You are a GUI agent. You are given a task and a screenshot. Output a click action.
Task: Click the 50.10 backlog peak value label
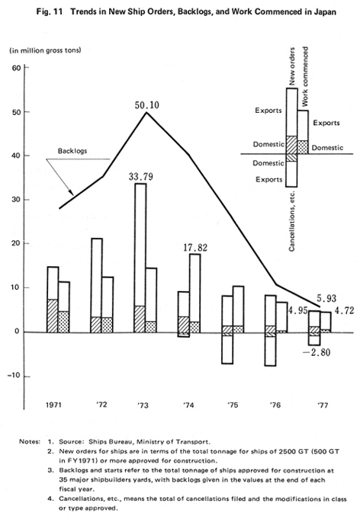coord(147,105)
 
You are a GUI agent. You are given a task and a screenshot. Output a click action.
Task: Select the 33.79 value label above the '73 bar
coord(140,177)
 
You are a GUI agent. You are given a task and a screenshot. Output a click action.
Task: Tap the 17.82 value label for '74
coord(195,248)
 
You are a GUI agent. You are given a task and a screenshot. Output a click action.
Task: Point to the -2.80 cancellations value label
coord(317,352)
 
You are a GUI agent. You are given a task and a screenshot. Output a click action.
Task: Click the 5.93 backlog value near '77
coord(326,298)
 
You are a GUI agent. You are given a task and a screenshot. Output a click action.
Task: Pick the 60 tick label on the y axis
coord(17,68)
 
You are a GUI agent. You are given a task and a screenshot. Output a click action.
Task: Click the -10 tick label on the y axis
coord(14,376)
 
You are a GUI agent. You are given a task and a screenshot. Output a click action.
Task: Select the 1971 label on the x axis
coord(53,405)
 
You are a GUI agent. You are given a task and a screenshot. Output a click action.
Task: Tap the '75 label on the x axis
coord(233,405)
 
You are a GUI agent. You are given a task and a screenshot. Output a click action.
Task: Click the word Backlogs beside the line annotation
coord(72,151)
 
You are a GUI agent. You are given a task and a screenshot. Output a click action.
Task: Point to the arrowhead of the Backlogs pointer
coord(71,193)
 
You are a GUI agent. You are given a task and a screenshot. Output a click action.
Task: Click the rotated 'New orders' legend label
coord(292,66)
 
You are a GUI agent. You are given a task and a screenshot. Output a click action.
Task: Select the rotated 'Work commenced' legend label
coord(305,76)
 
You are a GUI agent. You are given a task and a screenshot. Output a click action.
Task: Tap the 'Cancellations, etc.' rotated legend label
coord(291,221)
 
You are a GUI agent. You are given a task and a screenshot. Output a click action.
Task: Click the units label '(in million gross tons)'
coord(45,50)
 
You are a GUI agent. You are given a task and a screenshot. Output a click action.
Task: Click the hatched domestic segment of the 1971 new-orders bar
coord(53,316)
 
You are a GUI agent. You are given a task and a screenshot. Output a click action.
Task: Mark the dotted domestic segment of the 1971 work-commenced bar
coord(64,322)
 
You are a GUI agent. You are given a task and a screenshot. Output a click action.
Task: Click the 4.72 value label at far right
coord(344,310)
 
